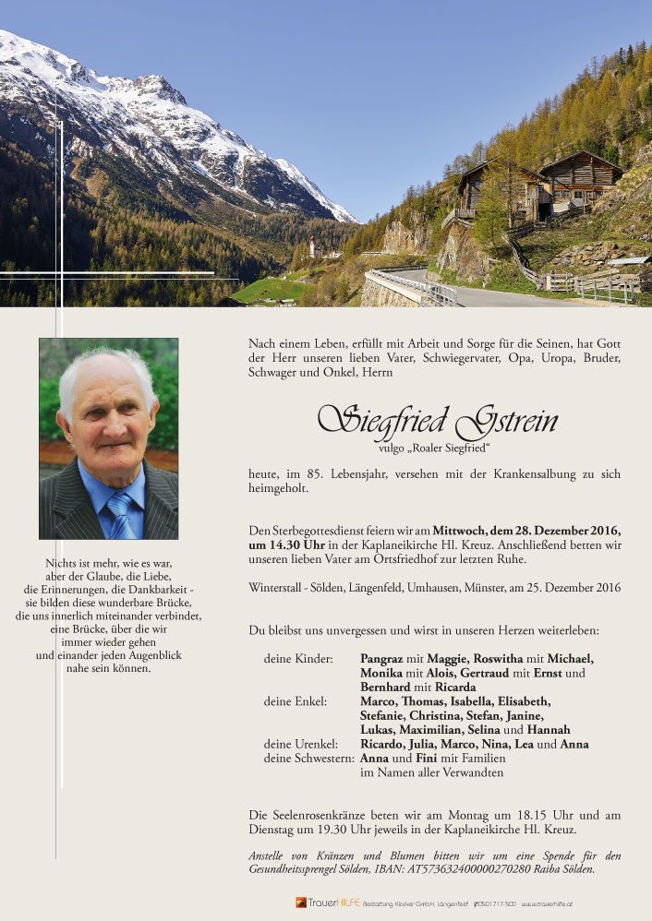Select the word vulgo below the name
click(394, 449)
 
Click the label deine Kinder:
click(296, 658)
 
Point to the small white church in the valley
click(313, 245)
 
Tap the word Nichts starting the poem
click(61, 563)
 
